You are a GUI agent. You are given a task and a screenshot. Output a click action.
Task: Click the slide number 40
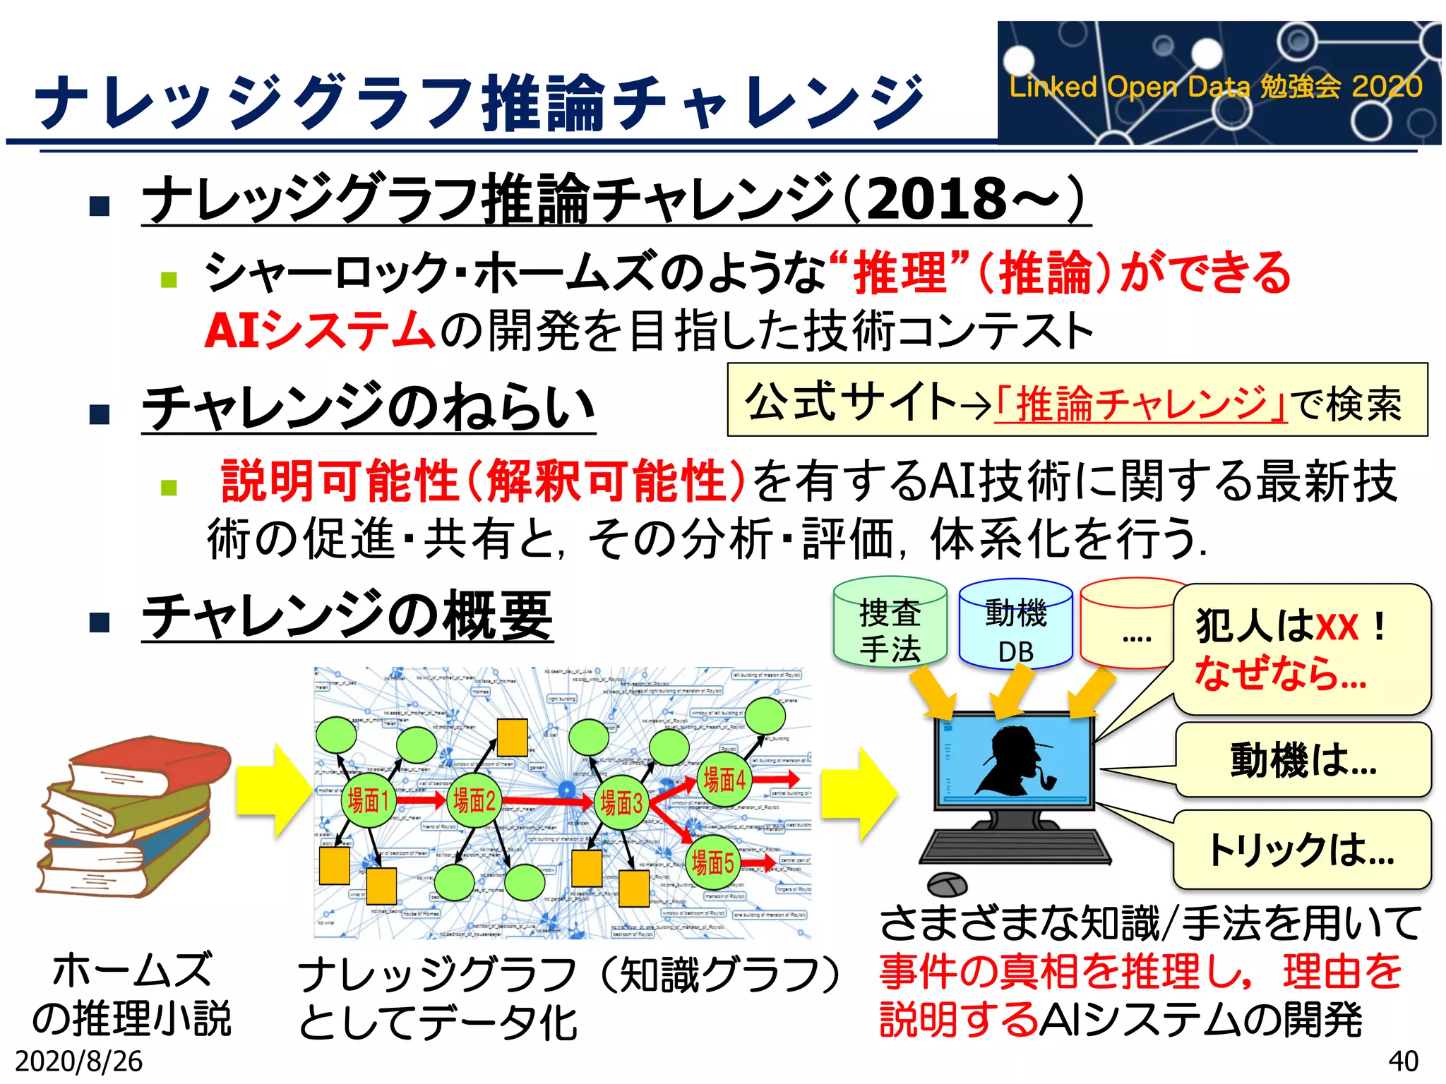point(1403,1061)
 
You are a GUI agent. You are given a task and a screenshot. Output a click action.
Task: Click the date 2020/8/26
point(78,1061)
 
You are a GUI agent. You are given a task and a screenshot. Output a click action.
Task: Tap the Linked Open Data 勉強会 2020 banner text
point(1215,87)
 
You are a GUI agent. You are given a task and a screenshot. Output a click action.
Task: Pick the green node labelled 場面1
point(368,801)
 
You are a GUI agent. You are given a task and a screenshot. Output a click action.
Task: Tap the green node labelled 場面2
point(474,801)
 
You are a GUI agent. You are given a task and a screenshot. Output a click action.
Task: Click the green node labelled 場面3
point(621,803)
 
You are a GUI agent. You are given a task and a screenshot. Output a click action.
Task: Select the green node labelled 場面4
point(724,780)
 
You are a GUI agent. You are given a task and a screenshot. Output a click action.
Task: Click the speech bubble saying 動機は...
point(1303,761)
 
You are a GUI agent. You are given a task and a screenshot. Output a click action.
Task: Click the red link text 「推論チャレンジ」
point(1141,404)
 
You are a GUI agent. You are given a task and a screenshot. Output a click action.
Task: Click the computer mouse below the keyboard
point(947,884)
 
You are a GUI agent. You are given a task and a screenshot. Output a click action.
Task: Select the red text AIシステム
point(319,330)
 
